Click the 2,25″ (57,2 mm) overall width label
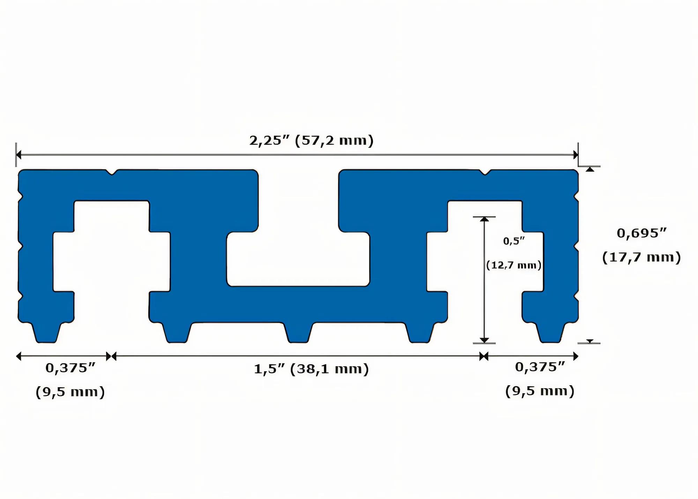coord(311,141)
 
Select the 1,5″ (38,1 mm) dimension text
coord(311,369)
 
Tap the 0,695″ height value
coord(641,233)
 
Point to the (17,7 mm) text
coord(641,258)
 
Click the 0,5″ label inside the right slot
coord(514,241)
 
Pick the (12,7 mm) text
coord(514,265)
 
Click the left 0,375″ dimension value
coord(70,368)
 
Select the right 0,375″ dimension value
coord(540,367)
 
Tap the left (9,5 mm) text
coord(70,392)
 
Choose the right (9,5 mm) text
coord(540,391)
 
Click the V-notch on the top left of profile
coord(112,172)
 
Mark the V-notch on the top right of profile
coord(485,172)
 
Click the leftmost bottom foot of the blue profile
coord(46,333)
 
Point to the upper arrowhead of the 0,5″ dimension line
coord(484,219)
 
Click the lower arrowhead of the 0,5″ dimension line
coord(484,340)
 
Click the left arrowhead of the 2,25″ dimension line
coord(19,155)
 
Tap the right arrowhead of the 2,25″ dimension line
coord(576,155)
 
